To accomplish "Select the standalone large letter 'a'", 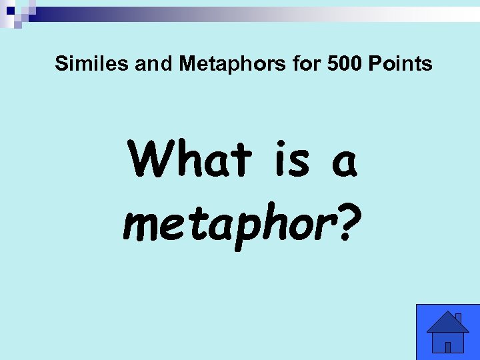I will tap(344, 164).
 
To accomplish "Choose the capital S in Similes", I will tap(61, 64).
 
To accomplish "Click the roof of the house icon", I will tap(447, 324).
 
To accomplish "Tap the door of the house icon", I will tap(448, 347).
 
